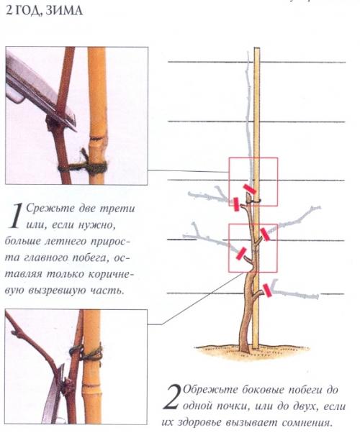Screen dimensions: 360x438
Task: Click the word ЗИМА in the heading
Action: pyautogui.click(x=64, y=10)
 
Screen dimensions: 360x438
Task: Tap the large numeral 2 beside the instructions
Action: pyautogui.click(x=171, y=397)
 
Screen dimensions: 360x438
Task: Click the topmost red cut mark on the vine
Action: pyautogui.click(x=250, y=189)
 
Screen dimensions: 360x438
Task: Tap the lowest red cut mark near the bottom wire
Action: pyautogui.click(x=267, y=291)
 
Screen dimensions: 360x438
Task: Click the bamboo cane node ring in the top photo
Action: pyautogui.click(x=97, y=138)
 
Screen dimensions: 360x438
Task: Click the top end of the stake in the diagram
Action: pyautogui.click(x=257, y=49)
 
